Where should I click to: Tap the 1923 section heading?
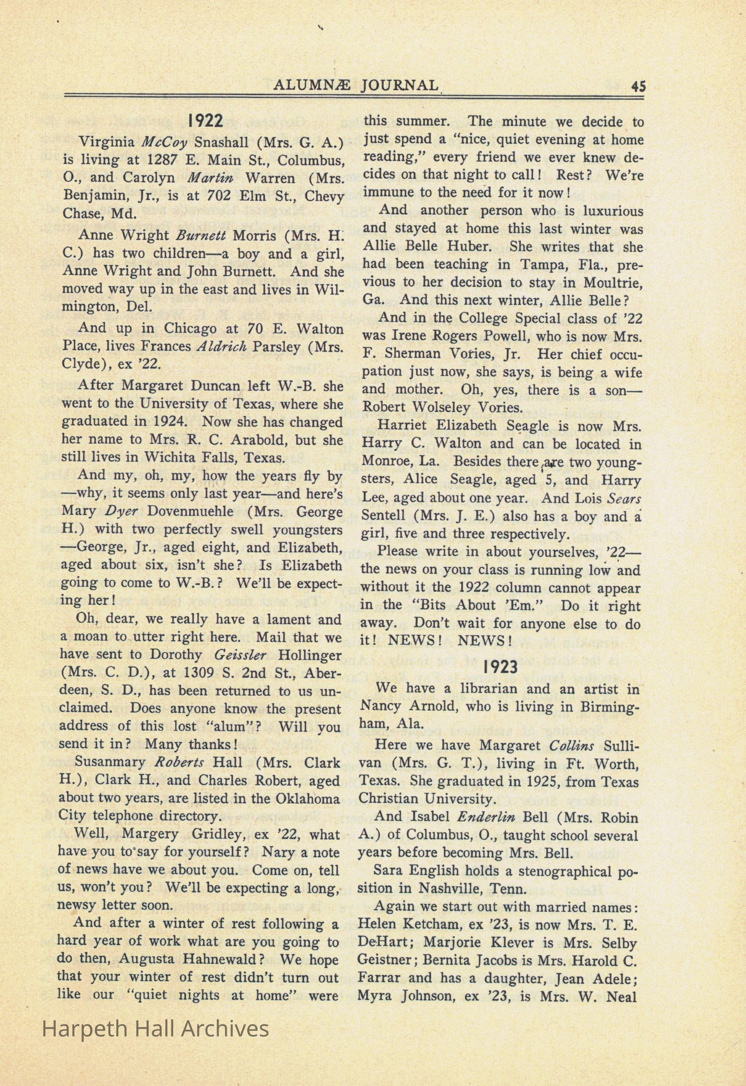(500, 666)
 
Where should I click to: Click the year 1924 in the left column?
(170, 421)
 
